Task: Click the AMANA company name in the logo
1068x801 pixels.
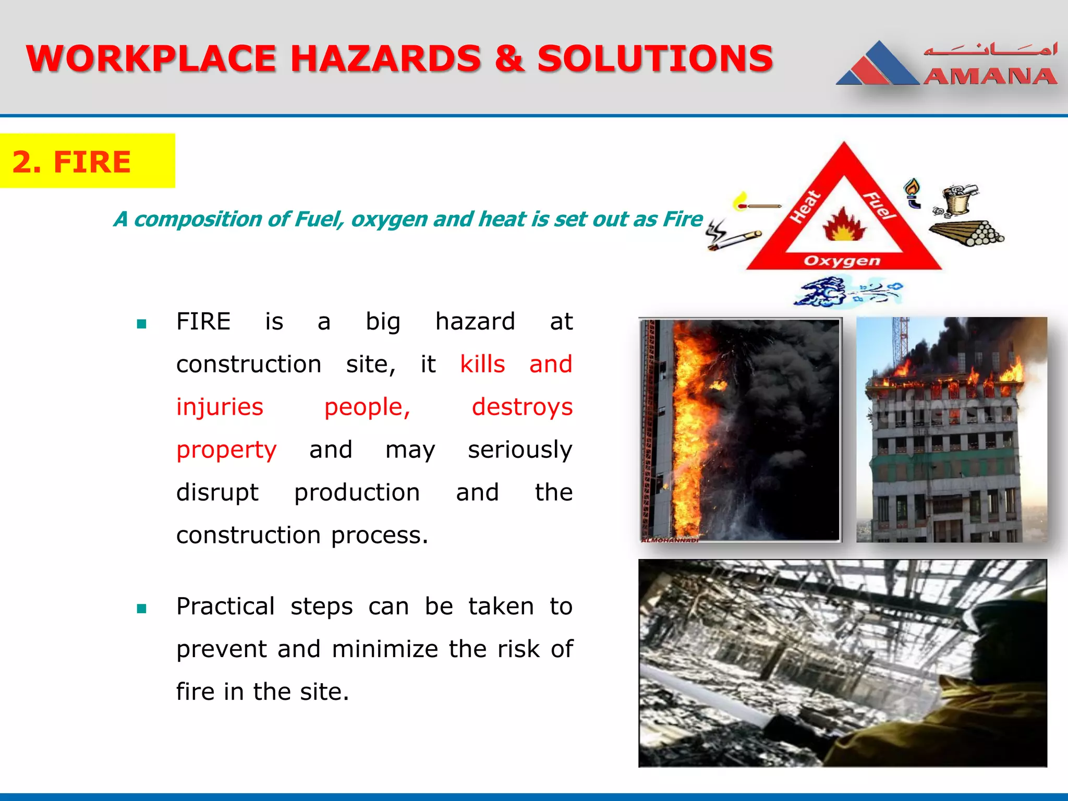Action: tap(990, 77)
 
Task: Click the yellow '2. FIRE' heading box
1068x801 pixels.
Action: tap(87, 161)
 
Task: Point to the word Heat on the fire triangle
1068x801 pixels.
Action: tap(806, 207)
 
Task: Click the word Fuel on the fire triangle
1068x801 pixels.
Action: tap(880, 205)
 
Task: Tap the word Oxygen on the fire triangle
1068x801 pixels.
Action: tap(842, 261)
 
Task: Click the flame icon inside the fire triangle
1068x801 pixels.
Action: tap(844, 225)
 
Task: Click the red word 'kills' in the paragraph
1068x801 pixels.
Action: tap(482, 364)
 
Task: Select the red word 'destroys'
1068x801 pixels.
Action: tap(522, 407)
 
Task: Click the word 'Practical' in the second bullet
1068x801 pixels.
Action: tap(225, 606)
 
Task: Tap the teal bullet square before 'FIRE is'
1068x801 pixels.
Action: tap(141, 324)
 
